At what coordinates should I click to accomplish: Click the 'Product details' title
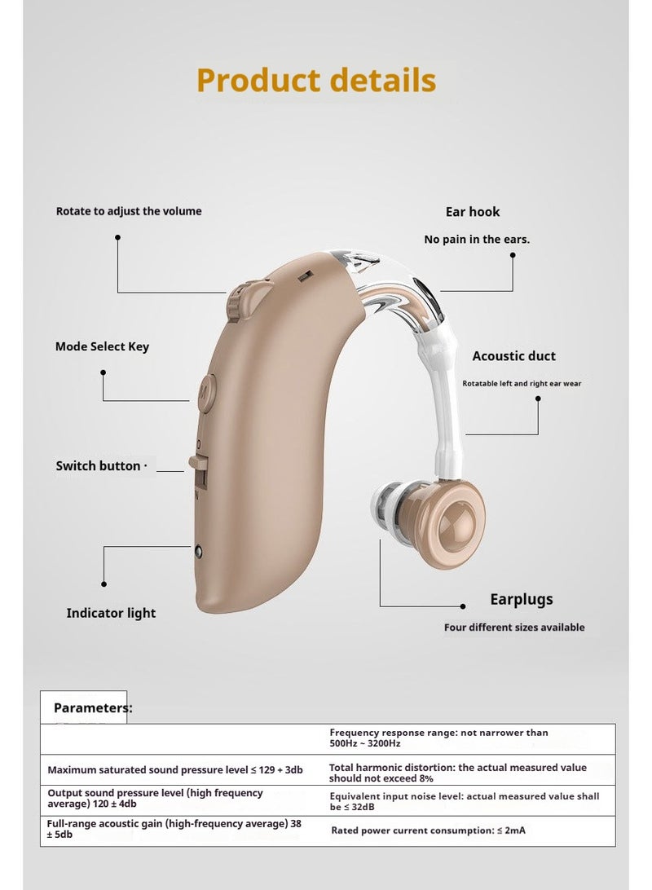(316, 80)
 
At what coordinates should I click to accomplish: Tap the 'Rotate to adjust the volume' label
(129, 211)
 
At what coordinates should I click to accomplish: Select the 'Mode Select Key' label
(102, 347)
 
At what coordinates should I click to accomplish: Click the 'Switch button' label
(98, 466)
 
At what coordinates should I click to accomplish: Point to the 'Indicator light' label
(111, 613)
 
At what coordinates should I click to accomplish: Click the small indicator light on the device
(199, 551)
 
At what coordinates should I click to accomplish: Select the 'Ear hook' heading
(473, 212)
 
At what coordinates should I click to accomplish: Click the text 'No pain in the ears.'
(477, 240)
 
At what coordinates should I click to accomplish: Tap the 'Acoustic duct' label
(514, 356)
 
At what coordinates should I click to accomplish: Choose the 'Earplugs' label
(522, 599)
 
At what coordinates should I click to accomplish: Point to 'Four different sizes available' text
(514, 628)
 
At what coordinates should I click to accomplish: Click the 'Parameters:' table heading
(93, 707)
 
